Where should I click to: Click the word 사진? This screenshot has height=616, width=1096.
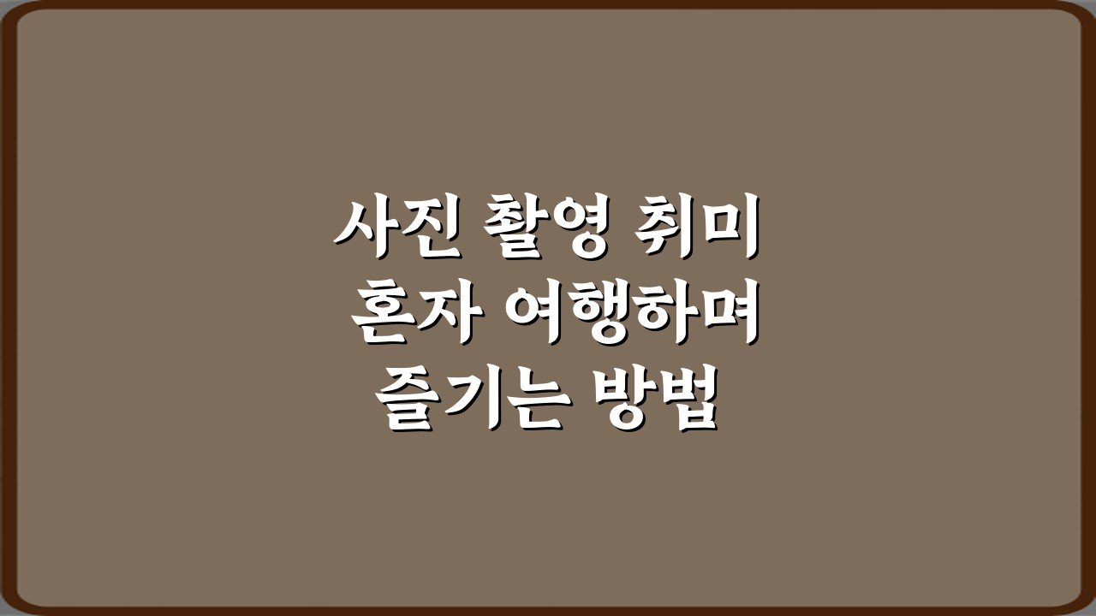[397, 227]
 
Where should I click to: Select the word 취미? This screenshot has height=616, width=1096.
[697, 227]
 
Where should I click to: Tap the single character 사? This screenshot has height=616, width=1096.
[365, 227]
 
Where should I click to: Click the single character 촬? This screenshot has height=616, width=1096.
[514, 227]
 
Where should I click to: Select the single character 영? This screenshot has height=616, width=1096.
[579, 227]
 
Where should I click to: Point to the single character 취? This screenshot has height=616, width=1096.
[665, 227]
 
